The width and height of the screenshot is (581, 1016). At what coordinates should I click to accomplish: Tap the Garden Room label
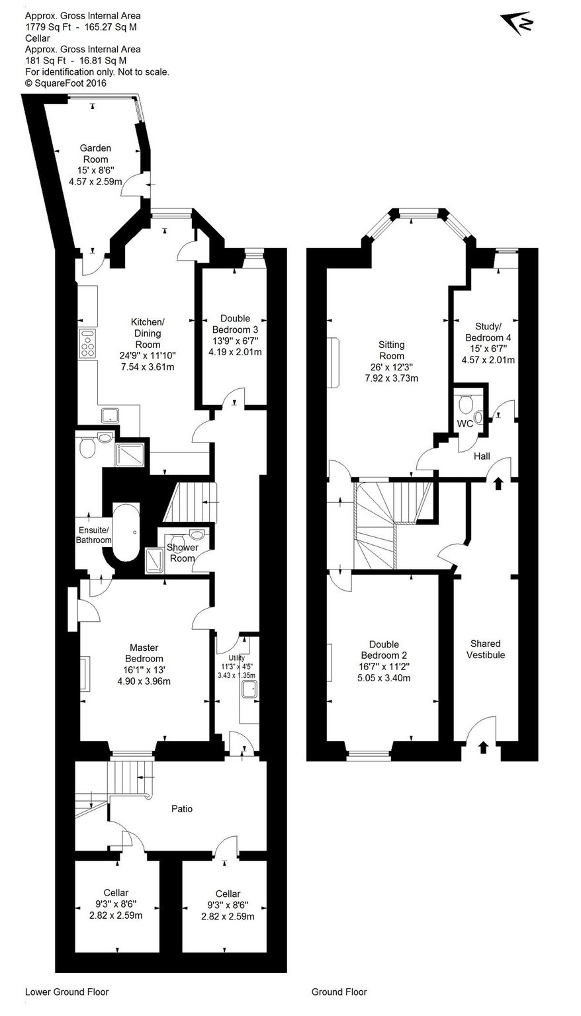point(95,153)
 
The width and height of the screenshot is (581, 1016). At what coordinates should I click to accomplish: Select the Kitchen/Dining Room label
point(148,333)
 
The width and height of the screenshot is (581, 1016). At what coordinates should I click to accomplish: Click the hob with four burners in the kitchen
point(87,343)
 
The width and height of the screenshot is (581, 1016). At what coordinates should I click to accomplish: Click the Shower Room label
point(183,552)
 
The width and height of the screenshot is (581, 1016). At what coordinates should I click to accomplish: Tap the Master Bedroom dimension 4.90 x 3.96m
point(144,681)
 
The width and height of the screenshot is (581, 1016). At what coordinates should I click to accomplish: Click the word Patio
point(182,809)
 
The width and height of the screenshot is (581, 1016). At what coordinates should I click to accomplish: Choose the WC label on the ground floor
point(465,423)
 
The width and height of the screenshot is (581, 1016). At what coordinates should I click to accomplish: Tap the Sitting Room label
point(391,350)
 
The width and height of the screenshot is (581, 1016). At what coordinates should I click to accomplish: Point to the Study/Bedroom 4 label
point(488,332)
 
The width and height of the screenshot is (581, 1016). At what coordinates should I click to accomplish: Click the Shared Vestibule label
point(486,649)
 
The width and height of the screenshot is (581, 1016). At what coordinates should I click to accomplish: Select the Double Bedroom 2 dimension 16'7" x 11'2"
point(384,667)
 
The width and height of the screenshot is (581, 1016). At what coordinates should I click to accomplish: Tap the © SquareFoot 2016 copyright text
point(66,83)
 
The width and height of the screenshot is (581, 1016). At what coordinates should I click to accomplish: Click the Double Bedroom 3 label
point(235,324)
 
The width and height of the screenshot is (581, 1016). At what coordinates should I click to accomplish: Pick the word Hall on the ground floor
point(482,456)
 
